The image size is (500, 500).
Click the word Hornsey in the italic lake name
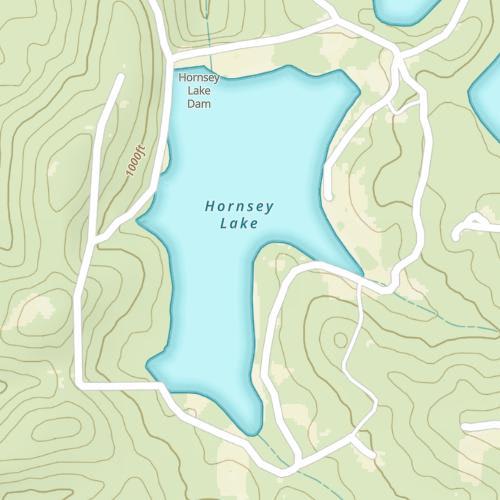point(239,207)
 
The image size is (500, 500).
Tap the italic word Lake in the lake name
point(238,224)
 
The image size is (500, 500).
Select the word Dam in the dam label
point(199,102)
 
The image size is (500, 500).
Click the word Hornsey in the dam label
point(198,78)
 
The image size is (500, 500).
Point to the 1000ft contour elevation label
point(137,161)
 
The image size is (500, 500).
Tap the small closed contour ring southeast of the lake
point(341,340)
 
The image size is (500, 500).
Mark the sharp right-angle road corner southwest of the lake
point(82,384)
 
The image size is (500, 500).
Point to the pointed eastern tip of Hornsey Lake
point(362,273)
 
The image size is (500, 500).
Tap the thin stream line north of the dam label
point(208,30)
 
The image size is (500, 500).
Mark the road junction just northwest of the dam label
point(166,47)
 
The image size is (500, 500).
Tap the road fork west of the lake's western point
point(97,241)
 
